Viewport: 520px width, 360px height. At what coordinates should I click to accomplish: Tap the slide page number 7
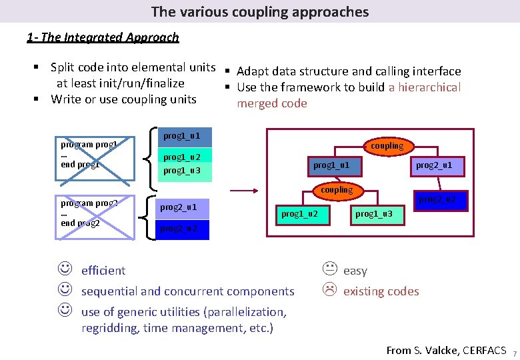tap(515, 353)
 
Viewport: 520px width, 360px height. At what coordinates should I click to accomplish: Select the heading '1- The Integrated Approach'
tap(103, 37)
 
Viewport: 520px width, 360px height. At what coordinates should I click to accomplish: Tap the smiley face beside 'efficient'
tap(65, 270)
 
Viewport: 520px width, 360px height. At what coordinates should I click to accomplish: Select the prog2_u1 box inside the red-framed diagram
tap(434, 165)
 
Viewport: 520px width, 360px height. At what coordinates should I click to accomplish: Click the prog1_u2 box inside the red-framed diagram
tap(299, 214)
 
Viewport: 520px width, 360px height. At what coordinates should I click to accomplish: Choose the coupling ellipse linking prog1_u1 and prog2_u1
tap(387, 145)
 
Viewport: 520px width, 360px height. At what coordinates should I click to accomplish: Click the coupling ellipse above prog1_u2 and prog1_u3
tap(337, 190)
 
